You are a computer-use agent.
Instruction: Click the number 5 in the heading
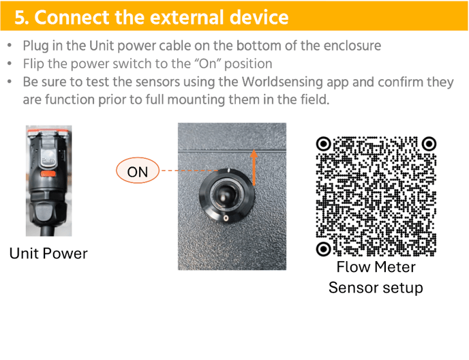20,17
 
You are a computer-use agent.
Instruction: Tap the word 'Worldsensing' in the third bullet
282,82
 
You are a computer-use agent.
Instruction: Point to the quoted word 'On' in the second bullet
208,63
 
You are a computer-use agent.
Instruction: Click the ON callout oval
138,170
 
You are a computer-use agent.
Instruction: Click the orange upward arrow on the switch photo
254,168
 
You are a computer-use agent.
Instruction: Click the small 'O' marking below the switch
226,218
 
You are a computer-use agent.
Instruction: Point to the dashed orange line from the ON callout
190,170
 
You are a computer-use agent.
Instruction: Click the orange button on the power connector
48,174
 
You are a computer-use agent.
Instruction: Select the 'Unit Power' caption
48,254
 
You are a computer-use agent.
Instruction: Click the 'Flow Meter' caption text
376,267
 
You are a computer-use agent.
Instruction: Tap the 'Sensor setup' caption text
376,288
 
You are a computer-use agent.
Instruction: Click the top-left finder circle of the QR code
323,144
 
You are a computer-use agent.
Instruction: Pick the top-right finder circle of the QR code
429,144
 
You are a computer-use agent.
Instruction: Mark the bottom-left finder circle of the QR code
323,249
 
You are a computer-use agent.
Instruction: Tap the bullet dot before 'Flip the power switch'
10,63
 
